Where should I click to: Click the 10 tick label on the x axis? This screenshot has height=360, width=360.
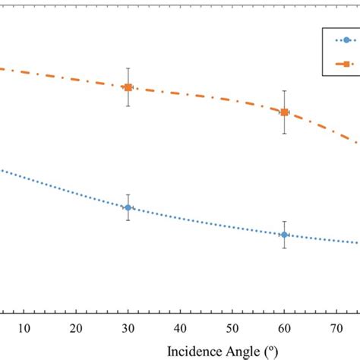pyautogui.click(x=24, y=328)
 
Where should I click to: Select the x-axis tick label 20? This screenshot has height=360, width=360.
pyautogui.click(x=76, y=328)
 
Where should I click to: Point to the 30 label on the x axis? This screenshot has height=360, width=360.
pyautogui.click(x=128, y=328)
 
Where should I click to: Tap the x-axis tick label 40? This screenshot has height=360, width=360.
pyautogui.click(x=180, y=328)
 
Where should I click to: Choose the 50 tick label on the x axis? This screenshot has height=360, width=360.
pyautogui.click(x=232, y=328)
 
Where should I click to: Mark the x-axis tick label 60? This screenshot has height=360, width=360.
pyautogui.click(x=284, y=328)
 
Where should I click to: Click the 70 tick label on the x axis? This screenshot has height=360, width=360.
pyautogui.click(x=336, y=328)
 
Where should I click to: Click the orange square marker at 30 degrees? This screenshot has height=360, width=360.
pyautogui.click(x=128, y=87)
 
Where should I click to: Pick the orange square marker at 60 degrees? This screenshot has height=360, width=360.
pyautogui.click(x=284, y=112)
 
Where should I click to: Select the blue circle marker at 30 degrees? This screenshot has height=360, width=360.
pyautogui.click(x=128, y=207)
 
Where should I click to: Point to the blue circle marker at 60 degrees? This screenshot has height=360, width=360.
pyautogui.click(x=284, y=235)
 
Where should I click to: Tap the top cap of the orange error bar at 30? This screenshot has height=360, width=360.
pyautogui.click(x=128, y=68)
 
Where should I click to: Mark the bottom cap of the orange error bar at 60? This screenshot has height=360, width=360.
pyautogui.click(x=284, y=134)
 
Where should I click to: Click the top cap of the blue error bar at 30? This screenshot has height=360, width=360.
pyautogui.click(x=128, y=194)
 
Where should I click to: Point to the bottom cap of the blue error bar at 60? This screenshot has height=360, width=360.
pyautogui.click(x=284, y=248)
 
